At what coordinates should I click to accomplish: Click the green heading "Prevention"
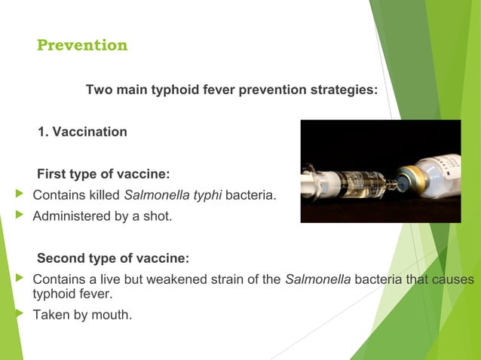click(x=82, y=46)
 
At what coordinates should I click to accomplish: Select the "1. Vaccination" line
click(x=82, y=132)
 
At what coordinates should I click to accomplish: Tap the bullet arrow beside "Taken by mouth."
click(x=20, y=314)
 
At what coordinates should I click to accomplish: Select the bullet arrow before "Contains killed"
click(x=20, y=196)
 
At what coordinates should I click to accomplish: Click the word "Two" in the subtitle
click(x=97, y=90)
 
